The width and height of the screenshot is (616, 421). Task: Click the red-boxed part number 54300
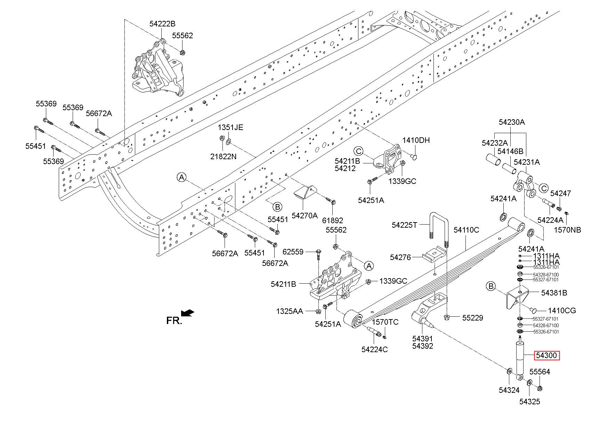click(x=547, y=356)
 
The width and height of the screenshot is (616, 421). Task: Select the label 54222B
click(x=162, y=24)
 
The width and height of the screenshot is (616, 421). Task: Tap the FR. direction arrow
click(x=188, y=313)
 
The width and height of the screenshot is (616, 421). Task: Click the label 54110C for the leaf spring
click(x=466, y=230)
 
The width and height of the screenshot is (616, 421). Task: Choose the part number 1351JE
click(x=230, y=127)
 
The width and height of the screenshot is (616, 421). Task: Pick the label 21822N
click(x=223, y=156)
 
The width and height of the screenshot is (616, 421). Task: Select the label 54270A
click(x=305, y=216)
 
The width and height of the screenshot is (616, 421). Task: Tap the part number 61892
click(x=332, y=220)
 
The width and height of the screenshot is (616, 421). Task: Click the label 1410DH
click(x=416, y=140)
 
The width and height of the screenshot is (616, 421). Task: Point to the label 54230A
click(x=512, y=122)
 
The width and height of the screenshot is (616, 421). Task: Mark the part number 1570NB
click(x=567, y=230)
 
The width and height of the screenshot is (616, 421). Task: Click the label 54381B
click(x=554, y=293)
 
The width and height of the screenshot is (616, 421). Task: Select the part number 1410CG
click(x=562, y=310)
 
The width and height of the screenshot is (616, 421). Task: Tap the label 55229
click(x=472, y=318)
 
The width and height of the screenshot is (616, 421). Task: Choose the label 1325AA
click(x=290, y=311)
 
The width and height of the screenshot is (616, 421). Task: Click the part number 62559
click(x=293, y=252)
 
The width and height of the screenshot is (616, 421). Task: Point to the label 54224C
click(x=374, y=349)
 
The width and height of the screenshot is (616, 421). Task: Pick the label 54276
click(x=400, y=257)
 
